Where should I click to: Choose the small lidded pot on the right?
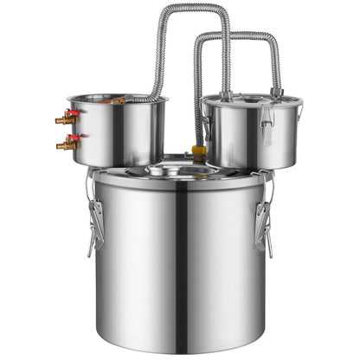click(x=251, y=134)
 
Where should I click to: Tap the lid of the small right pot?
click(x=251, y=101)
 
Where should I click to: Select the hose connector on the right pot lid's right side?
click(x=276, y=91)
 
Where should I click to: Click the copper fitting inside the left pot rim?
click(x=118, y=100)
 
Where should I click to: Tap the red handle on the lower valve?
click(x=75, y=138)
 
